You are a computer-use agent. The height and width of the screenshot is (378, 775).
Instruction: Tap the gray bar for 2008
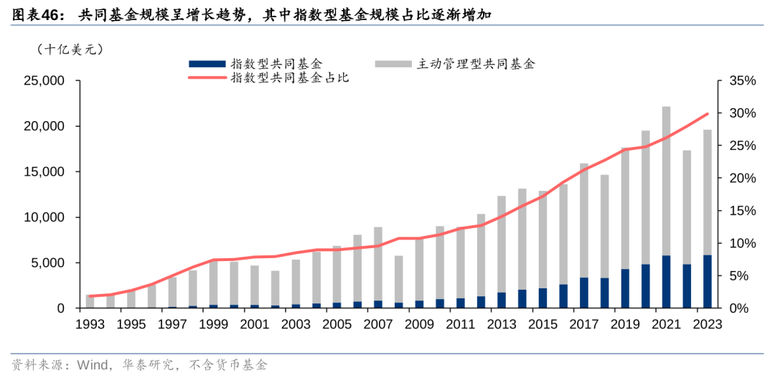[x=399, y=279]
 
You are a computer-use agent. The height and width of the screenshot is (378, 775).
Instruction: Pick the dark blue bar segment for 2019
[x=625, y=288]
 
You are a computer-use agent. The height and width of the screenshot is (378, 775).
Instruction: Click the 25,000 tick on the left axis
[x=44, y=81]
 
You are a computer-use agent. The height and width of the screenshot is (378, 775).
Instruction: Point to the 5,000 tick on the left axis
[x=47, y=263]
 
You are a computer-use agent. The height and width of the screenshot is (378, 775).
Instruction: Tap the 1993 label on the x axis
[x=90, y=324]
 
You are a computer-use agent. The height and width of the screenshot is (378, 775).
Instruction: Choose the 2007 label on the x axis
[x=378, y=324]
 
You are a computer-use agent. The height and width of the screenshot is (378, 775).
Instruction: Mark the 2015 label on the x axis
[x=543, y=324]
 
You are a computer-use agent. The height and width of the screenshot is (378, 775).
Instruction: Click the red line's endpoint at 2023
[x=708, y=113]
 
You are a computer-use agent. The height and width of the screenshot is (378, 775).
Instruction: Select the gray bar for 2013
[x=502, y=244]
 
